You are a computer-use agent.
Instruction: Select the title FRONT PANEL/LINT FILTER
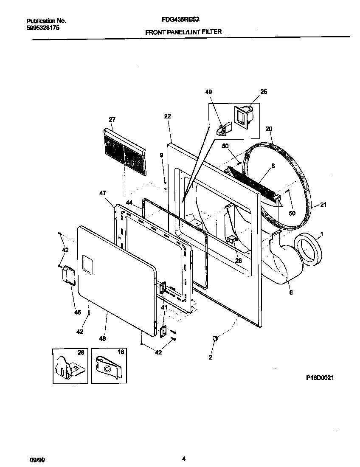(183, 32)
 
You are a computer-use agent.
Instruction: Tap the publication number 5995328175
(43, 27)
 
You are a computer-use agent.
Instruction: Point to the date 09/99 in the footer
(36, 459)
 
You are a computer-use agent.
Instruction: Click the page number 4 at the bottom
(183, 459)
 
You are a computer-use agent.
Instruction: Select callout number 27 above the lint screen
(112, 120)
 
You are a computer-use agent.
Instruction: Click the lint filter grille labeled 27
(124, 152)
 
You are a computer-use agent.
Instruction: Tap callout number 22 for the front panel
(167, 116)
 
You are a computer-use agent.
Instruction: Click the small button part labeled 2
(215, 338)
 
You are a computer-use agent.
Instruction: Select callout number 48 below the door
(102, 338)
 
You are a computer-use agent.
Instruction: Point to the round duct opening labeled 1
(309, 252)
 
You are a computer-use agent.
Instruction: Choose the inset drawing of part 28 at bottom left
(70, 366)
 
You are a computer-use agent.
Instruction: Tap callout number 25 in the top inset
(264, 92)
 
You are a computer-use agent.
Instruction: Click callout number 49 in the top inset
(208, 92)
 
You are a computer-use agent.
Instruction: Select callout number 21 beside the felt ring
(323, 205)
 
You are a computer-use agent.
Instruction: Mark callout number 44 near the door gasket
(129, 203)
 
